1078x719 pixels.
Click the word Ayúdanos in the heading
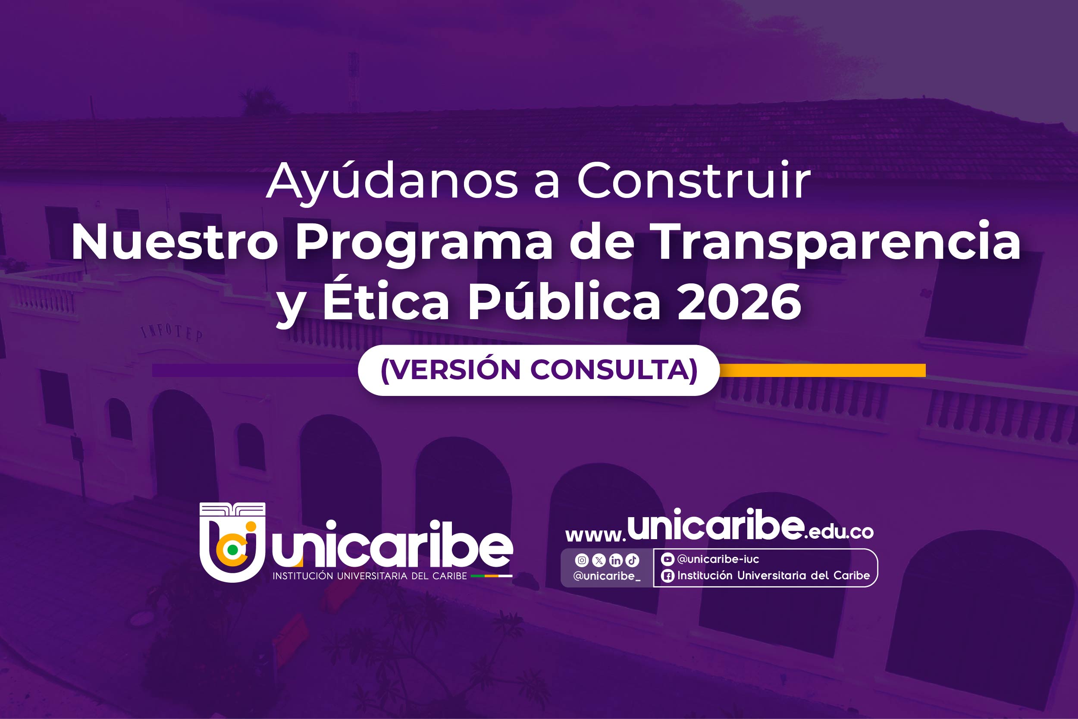pos(392,182)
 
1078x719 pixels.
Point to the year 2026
pos(739,302)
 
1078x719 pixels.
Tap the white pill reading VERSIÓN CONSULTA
pos(539,370)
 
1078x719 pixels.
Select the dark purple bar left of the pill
pos(255,370)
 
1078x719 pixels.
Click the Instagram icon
pos(582,560)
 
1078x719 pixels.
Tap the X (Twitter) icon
pos(599,560)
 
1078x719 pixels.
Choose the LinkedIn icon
pos(616,560)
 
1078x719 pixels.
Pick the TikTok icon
pos(633,560)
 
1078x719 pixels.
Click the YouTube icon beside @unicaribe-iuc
pos(667,559)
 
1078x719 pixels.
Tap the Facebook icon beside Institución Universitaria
pos(668,576)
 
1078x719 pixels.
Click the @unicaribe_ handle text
pos(607,576)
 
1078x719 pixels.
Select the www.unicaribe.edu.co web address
pos(719,526)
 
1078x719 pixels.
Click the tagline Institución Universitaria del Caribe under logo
pos(370,576)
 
